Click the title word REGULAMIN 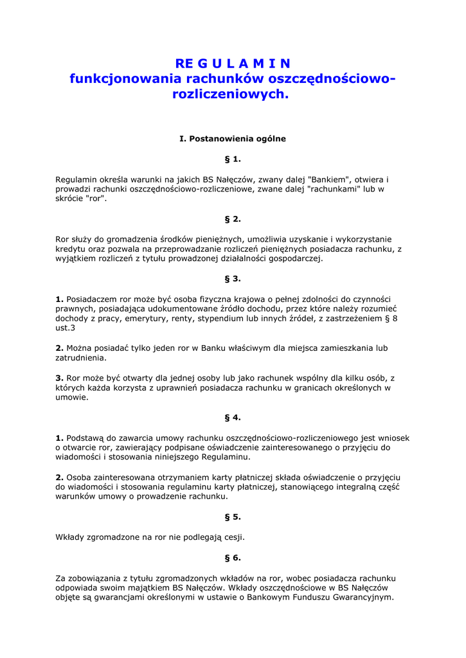coord(233,63)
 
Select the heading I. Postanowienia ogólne coord(233,138)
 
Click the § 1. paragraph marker coord(233,159)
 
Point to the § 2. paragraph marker coord(233,218)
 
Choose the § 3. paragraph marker coord(233,278)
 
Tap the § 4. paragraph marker coord(233,417)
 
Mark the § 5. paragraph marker coord(233,517)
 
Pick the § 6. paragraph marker coord(233,558)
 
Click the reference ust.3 coord(66,328)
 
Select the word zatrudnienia coord(80,358)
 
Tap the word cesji coord(233,537)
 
